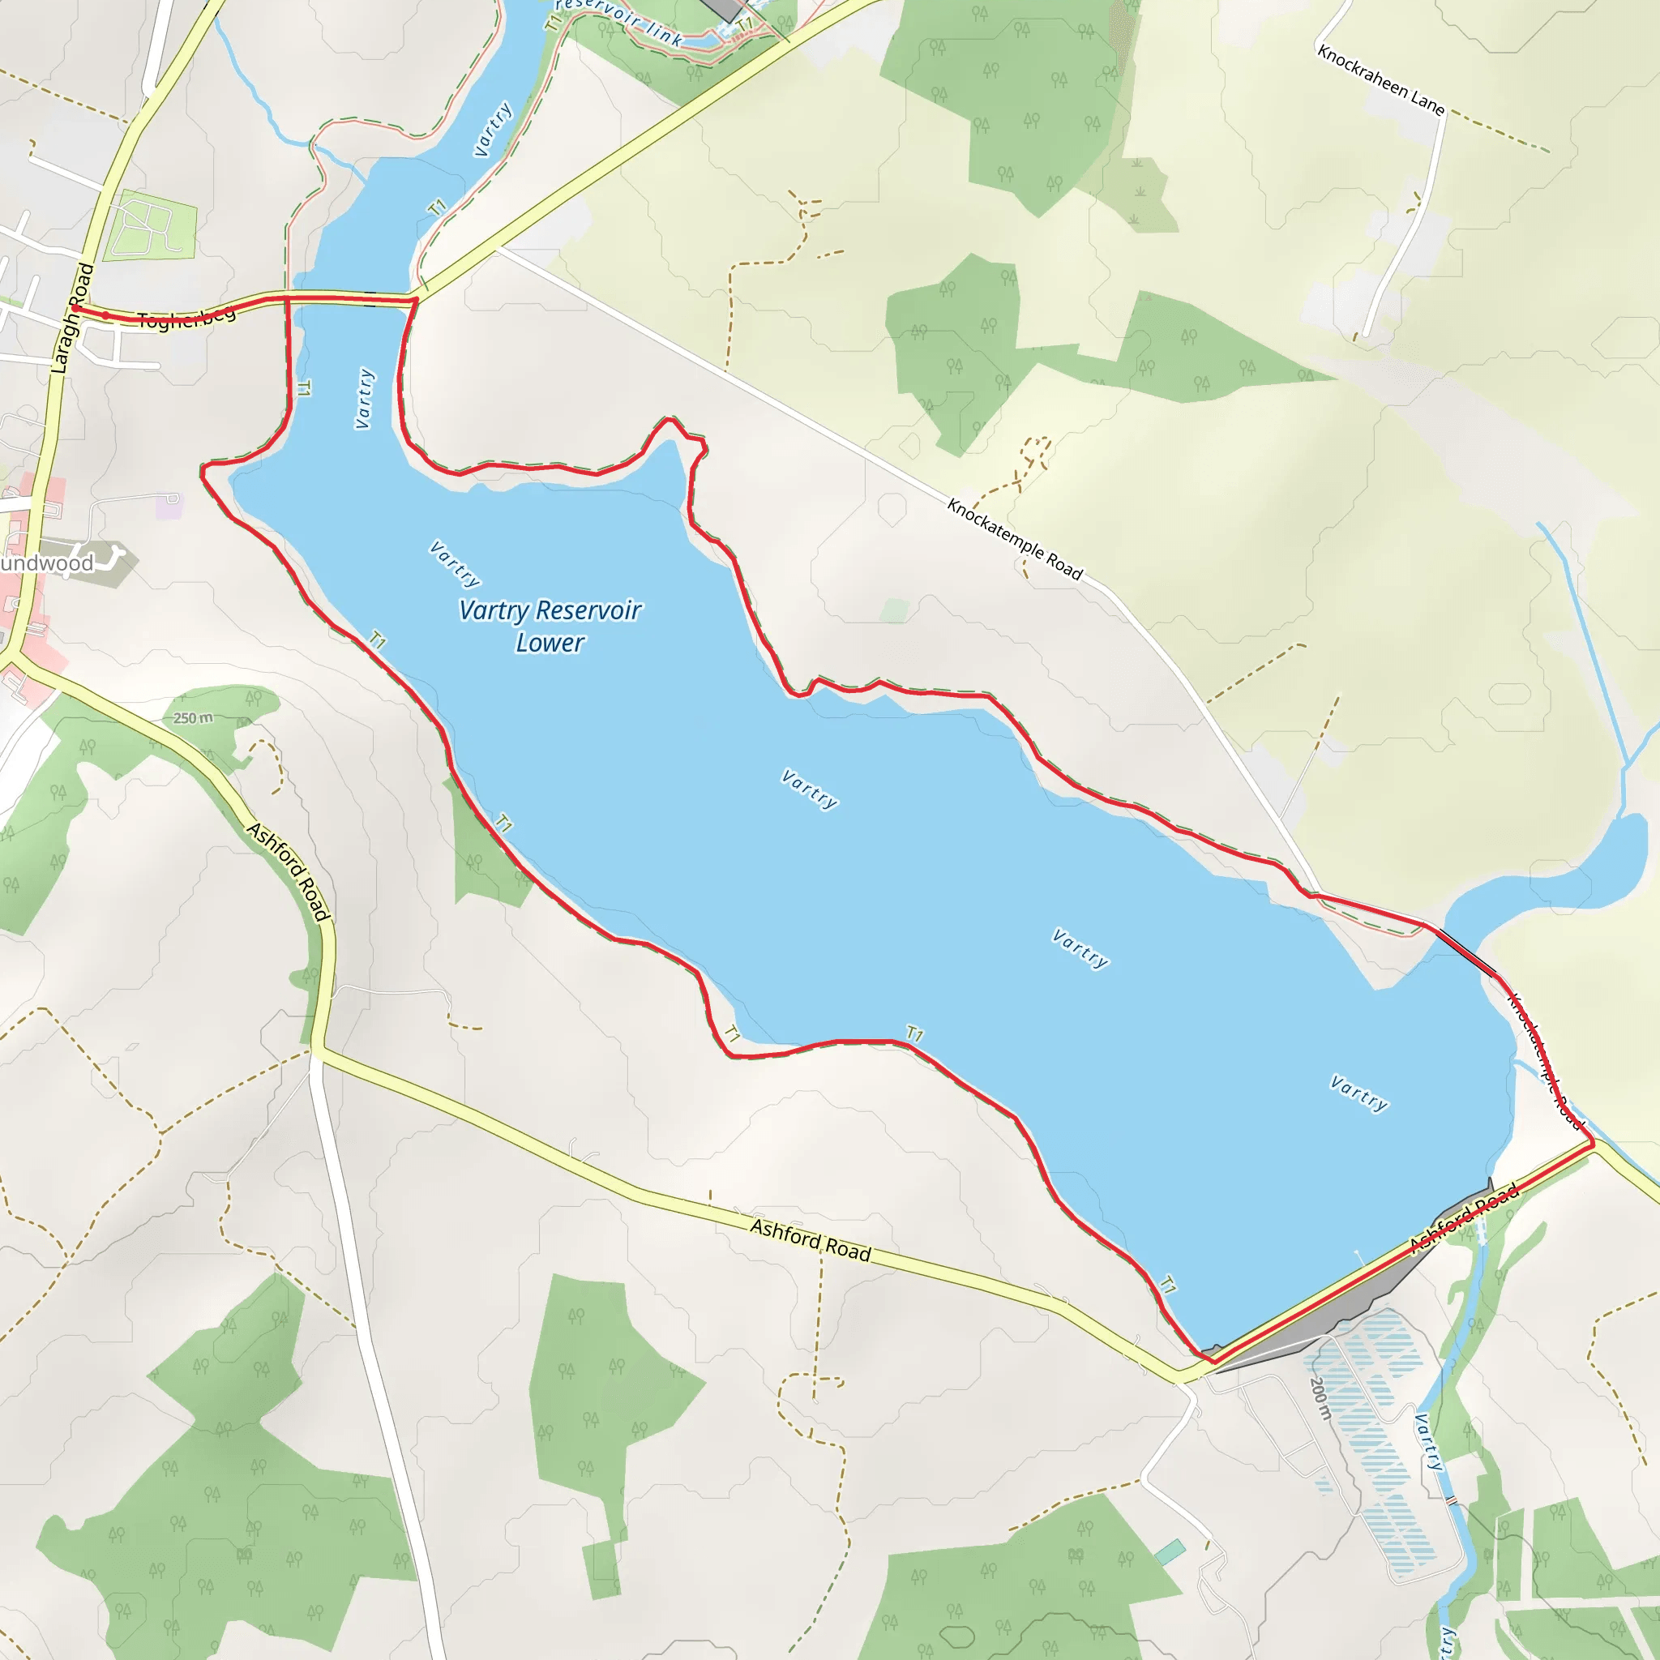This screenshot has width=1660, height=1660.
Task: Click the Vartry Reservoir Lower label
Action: point(550,627)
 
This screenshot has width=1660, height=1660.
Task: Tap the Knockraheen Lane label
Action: point(1380,80)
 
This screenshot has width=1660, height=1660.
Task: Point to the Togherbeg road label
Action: point(186,319)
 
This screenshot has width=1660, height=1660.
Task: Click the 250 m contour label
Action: point(194,717)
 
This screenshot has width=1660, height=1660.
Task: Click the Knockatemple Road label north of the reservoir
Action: point(1014,539)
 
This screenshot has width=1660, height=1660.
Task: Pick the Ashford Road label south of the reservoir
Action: point(811,1240)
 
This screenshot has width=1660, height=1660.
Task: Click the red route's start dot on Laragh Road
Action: point(75,307)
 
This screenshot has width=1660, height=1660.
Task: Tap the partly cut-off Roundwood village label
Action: point(47,563)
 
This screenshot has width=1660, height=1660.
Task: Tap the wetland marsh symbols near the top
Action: point(1136,189)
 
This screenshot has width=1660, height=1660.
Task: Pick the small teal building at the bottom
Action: point(1170,1551)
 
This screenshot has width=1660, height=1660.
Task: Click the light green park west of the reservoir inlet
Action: point(152,226)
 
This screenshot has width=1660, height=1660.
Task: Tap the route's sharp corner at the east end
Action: point(1593,1144)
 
